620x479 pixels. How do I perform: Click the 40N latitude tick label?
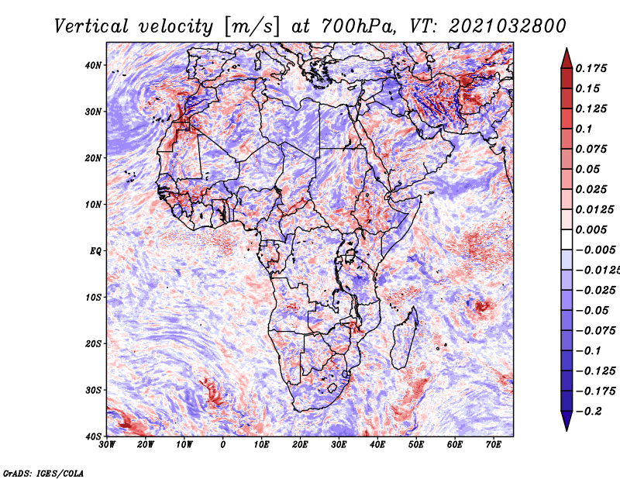[x=93, y=65]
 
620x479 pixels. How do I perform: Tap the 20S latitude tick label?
[x=93, y=343]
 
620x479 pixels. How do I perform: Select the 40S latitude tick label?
[x=93, y=436]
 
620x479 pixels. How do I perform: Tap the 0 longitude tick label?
[x=223, y=445]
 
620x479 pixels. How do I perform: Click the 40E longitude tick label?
[x=377, y=445]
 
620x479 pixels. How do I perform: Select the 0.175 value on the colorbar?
[x=591, y=68]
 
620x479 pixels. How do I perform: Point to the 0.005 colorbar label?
[x=591, y=229]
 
